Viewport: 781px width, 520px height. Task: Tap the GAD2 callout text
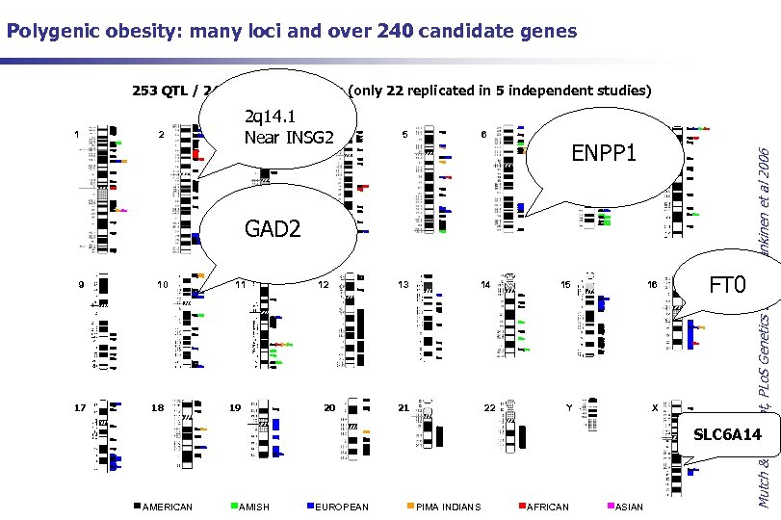point(273,228)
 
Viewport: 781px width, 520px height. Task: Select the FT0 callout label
point(727,286)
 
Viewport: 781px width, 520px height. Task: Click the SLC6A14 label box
point(727,435)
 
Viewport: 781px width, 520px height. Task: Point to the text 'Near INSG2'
point(289,138)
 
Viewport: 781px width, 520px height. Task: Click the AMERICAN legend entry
point(167,507)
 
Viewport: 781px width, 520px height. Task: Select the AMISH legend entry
point(254,507)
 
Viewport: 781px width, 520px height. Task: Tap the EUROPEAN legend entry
point(341,507)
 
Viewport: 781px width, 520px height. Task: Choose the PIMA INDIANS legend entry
point(447,507)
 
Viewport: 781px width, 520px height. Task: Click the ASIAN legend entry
point(630,507)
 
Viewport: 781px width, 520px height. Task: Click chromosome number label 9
point(81,285)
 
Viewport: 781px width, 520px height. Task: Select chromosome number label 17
point(81,407)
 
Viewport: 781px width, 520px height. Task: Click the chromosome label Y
point(569,407)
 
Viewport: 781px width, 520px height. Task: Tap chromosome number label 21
point(404,407)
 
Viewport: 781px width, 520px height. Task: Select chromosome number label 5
point(404,135)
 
